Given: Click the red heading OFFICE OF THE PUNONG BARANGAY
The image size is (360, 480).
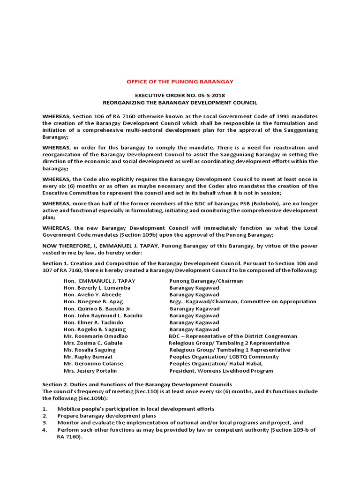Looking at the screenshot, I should [x=180, y=82].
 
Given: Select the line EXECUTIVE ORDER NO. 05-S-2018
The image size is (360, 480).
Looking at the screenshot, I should [x=180, y=95].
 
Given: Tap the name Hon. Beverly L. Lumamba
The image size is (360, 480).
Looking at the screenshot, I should [x=97, y=288].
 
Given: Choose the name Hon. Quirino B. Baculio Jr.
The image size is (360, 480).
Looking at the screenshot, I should [x=97, y=309].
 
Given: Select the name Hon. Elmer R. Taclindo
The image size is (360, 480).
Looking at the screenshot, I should [x=94, y=322].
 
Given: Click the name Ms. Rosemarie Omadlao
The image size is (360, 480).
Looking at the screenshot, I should [x=96, y=336].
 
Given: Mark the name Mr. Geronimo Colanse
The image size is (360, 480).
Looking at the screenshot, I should [x=93, y=364].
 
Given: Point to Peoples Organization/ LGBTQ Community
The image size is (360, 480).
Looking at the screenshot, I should [x=224, y=357].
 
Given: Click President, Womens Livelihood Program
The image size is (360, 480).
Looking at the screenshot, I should [x=221, y=371].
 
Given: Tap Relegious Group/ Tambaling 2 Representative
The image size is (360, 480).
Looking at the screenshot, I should [x=229, y=343].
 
